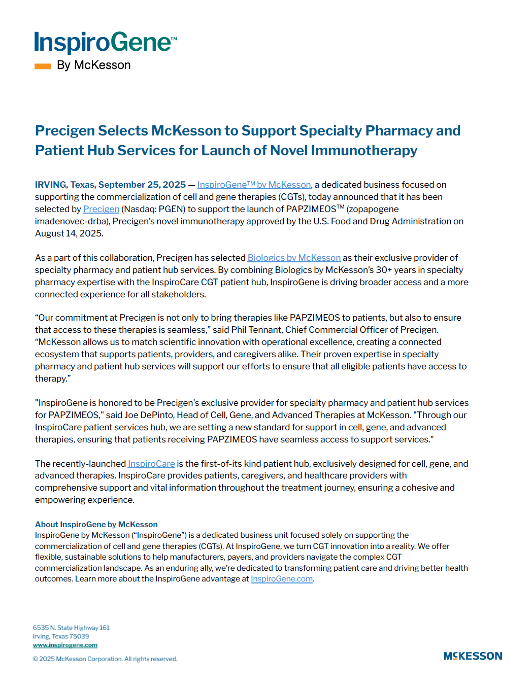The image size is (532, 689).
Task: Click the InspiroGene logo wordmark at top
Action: (105, 43)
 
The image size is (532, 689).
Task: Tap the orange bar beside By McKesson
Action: (43, 66)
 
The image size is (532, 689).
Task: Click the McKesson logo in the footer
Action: (473, 656)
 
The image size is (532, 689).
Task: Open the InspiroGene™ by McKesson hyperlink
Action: (254, 185)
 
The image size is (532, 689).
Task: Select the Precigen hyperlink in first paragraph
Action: (101, 209)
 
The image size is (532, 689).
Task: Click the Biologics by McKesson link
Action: (294, 258)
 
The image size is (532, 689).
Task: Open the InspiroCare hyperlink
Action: (151, 464)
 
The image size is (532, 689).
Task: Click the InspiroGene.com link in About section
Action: (282, 579)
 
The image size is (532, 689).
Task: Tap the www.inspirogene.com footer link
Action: (65, 645)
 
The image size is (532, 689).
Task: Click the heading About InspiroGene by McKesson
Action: (96, 524)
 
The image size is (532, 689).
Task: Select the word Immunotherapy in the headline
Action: (364, 151)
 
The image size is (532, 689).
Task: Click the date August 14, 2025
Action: (69, 233)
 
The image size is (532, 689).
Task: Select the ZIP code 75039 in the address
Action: (79, 636)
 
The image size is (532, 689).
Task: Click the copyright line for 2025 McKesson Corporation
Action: (105, 659)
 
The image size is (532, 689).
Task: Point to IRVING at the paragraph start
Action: (51, 185)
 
